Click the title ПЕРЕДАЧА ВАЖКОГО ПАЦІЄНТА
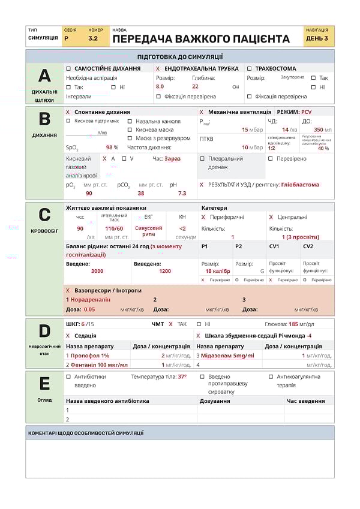(201, 39)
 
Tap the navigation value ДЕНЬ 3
(317, 38)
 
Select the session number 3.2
(93, 38)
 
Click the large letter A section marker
(44, 76)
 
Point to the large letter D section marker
(44, 332)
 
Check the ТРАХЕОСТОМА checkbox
(250, 68)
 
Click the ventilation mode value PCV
(307, 112)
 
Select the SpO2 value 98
(110, 147)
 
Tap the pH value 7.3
(182, 194)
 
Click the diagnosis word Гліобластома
(300, 185)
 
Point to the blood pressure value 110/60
(114, 228)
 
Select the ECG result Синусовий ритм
(148, 231)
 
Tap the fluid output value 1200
(164, 271)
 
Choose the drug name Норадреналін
(91, 299)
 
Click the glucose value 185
(293, 324)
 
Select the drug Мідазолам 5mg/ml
(227, 356)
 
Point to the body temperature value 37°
(182, 377)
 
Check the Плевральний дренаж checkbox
(202, 159)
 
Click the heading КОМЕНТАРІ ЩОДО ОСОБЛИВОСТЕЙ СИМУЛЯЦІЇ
(86, 433)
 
